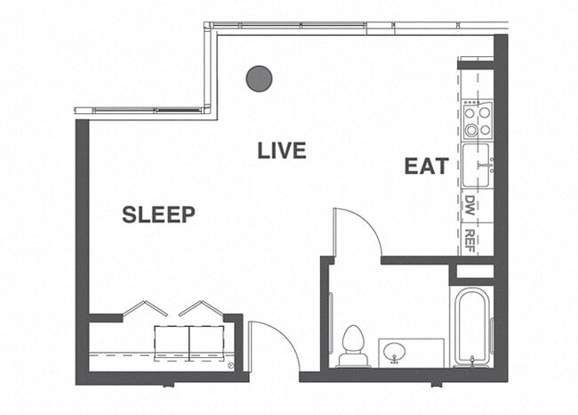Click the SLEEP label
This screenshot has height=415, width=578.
pyautogui.click(x=158, y=214)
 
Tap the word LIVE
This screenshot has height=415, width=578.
pyautogui.click(x=282, y=151)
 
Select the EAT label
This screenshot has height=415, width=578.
pyautogui.click(x=424, y=167)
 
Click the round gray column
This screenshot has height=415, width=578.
pyautogui.click(x=259, y=78)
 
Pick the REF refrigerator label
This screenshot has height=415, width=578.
pyautogui.click(x=470, y=240)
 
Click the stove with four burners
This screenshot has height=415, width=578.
pyautogui.click(x=478, y=120)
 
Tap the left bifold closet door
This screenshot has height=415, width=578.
pyautogui.click(x=144, y=308)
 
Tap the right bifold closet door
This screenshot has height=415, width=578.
pyautogui.click(x=201, y=308)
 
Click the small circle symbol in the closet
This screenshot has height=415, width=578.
pyautogui.click(x=230, y=366)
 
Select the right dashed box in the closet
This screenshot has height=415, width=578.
pyautogui.click(x=205, y=343)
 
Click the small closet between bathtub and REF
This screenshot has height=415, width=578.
pyautogui.click(x=473, y=272)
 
